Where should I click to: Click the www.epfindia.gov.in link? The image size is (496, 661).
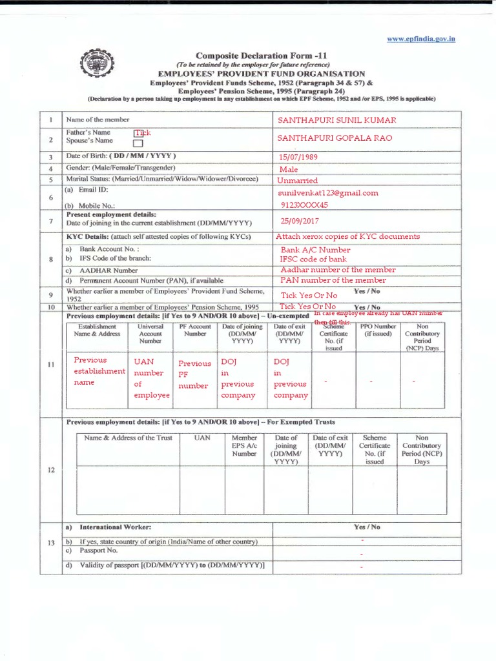[421, 39]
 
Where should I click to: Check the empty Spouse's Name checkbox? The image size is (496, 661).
[138, 143]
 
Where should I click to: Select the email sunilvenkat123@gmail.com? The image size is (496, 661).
[327, 192]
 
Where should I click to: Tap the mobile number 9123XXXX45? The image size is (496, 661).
[304, 205]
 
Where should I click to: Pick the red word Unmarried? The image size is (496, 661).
[298, 181]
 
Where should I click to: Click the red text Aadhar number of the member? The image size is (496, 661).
[338, 270]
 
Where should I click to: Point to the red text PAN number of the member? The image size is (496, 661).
[333, 280]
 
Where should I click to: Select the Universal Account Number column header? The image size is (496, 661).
[150, 334]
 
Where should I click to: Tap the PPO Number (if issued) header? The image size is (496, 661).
[378, 330]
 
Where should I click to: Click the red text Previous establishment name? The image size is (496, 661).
[99, 371]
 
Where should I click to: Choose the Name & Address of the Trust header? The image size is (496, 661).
[129, 438]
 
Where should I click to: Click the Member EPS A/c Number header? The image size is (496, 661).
[245, 445]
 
